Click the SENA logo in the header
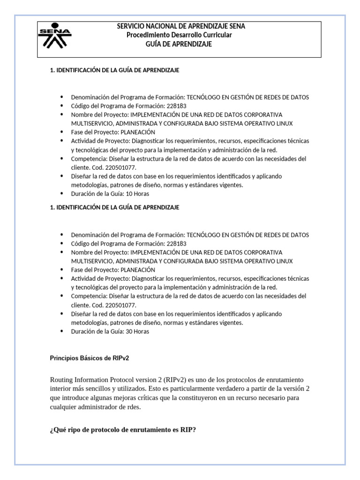[x=55, y=36]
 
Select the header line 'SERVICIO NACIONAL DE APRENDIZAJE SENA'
[x=180, y=26]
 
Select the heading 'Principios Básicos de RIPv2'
[x=89, y=358]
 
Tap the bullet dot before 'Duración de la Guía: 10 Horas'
[x=62, y=193]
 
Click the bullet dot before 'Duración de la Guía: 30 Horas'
[x=62, y=331]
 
